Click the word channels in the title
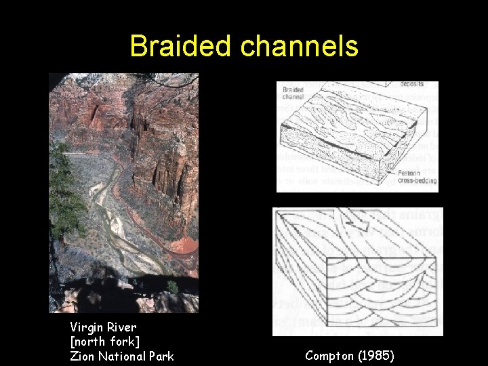[x=298, y=46]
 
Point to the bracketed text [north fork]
[x=104, y=342]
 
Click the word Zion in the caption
[x=83, y=356]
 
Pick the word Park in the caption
[x=162, y=356]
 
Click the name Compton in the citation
[x=331, y=355]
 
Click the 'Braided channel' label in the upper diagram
[x=293, y=93]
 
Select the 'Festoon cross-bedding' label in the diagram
[x=418, y=177]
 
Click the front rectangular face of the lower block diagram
[x=380, y=291]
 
